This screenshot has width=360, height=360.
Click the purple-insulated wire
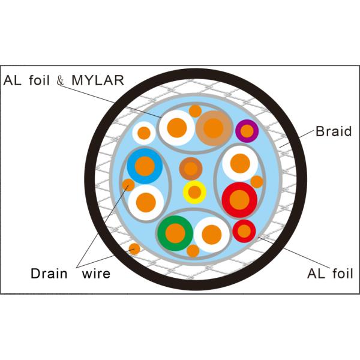[247, 131]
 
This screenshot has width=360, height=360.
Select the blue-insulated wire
[145, 165]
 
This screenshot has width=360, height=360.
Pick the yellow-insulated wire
[194, 192]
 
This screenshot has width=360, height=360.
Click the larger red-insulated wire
[239, 199]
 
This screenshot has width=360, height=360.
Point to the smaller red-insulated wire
[244, 230]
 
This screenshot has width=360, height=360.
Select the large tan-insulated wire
[214, 127]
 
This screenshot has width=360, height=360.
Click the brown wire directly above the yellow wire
[191, 169]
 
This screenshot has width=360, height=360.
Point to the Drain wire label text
[71, 274]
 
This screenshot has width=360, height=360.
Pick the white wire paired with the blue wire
[146, 202]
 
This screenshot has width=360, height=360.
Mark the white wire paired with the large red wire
[240, 163]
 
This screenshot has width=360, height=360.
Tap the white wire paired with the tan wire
[177, 127]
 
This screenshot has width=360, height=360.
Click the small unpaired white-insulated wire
[144, 133]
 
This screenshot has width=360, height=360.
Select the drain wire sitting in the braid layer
[134, 248]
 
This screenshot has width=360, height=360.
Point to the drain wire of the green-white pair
[193, 251]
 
